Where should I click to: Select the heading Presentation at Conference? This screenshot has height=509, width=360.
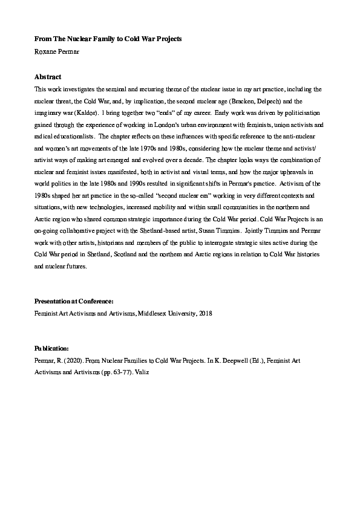tap(74, 301)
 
